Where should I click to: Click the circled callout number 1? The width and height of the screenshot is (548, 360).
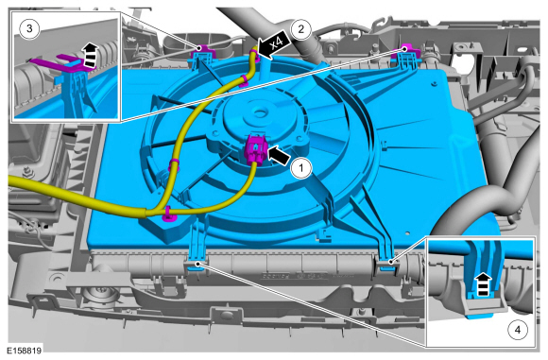(x=301, y=168)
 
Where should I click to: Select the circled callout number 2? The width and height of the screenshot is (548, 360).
(x=300, y=29)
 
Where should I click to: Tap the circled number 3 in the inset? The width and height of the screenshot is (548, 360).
(x=29, y=28)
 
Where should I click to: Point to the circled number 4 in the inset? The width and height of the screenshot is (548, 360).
(x=518, y=330)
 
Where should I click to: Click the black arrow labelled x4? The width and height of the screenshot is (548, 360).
(x=274, y=44)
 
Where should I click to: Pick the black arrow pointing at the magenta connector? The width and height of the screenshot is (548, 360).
(x=279, y=156)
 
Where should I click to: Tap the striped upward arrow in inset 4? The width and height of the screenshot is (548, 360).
(x=483, y=285)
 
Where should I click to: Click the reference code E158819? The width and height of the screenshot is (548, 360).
(x=25, y=351)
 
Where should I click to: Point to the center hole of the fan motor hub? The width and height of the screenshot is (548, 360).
(x=259, y=112)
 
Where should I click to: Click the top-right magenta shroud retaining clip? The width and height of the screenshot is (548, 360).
(x=405, y=52)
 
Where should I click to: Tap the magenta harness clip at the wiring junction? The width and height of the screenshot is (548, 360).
(x=169, y=214)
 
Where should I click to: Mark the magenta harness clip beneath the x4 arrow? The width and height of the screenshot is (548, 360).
(x=255, y=56)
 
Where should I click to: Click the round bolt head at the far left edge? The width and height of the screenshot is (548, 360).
(x=26, y=171)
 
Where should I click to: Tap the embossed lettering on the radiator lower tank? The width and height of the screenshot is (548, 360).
(x=296, y=276)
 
